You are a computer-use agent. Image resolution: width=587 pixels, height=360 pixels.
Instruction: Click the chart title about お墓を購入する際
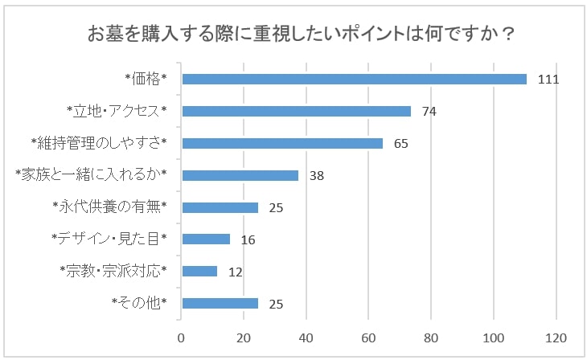pyautogui.click(x=301, y=36)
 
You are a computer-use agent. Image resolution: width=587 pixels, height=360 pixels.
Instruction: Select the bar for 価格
pyautogui.click(x=355, y=79)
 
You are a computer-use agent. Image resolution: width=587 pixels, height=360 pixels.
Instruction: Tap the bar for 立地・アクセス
pyautogui.click(x=297, y=111)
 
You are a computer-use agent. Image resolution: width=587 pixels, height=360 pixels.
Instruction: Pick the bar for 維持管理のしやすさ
pyautogui.click(x=283, y=143)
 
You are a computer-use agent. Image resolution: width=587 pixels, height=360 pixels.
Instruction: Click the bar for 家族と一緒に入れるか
pyautogui.click(x=240, y=175)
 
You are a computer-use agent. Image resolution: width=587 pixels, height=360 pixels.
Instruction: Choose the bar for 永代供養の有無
pyautogui.click(x=220, y=207)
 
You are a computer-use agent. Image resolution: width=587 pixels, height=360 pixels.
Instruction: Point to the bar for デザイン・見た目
pyautogui.click(x=207, y=239)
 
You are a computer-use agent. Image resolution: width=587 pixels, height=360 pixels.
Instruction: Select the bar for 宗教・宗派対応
pyautogui.click(x=200, y=271)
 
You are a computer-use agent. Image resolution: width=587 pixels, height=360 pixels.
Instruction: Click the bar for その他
pyautogui.click(x=220, y=303)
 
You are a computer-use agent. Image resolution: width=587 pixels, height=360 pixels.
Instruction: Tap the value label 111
pyautogui.click(x=548, y=80)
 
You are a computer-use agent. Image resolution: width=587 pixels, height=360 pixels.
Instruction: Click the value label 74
pyautogui.click(x=429, y=112)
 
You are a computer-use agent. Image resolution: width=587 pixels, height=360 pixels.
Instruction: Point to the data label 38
pyautogui.click(x=316, y=176)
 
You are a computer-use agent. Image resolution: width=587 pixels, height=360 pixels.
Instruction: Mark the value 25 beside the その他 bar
pyautogui.click(x=276, y=304)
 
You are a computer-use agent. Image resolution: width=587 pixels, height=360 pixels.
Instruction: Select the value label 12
pyautogui.click(x=235, y=272)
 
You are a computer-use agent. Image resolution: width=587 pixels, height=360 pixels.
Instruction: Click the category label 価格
pyautogui.click(x=145, y=79)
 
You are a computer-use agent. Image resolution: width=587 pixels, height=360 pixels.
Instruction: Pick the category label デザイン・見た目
pyautogui.click(x=109, y=239)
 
